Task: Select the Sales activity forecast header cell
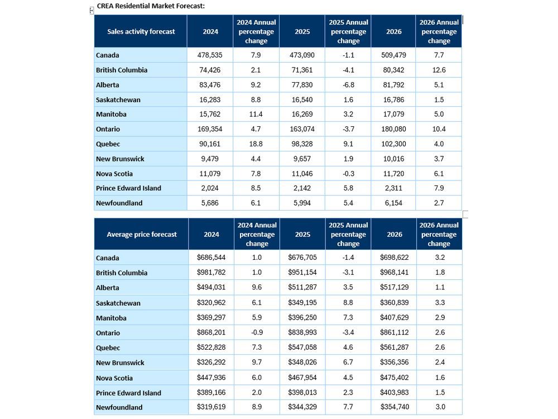pos(141,32)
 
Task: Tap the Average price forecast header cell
pos(142,235)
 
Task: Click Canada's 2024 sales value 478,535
pos(210,55)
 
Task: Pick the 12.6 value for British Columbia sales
pos(439,70)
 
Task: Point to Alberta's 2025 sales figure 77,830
pos(302,85)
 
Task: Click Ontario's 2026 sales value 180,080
pos(393,129)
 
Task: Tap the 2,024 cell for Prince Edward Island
pos(210,188)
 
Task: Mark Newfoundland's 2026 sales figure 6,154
pos(393,203)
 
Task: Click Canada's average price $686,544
pos(211,258)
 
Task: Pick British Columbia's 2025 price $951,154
pos(302,273)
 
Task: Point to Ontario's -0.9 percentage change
pos(257,333)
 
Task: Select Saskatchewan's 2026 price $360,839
pos(393,303)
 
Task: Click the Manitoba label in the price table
pos(111,318)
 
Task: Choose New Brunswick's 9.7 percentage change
pos(257,363)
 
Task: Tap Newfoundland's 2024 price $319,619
pos(211,407)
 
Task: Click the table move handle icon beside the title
pos(92,10)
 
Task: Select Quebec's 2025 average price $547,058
pos(302,347)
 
